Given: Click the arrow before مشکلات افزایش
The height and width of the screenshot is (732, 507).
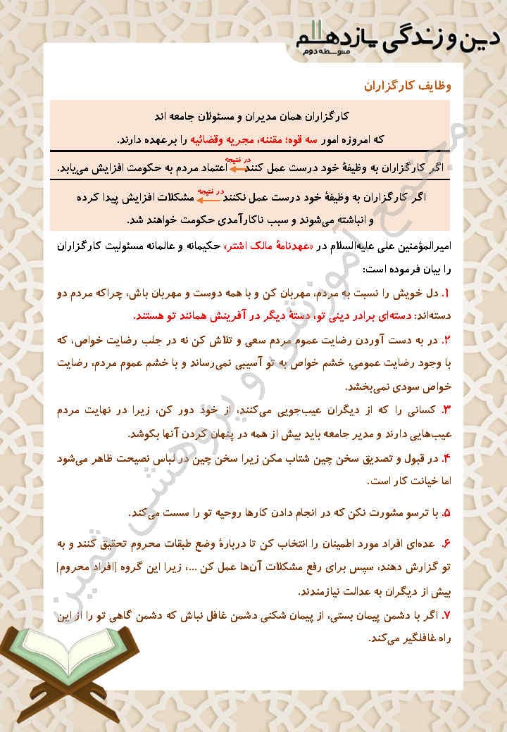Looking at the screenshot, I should tap(206, 197).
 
